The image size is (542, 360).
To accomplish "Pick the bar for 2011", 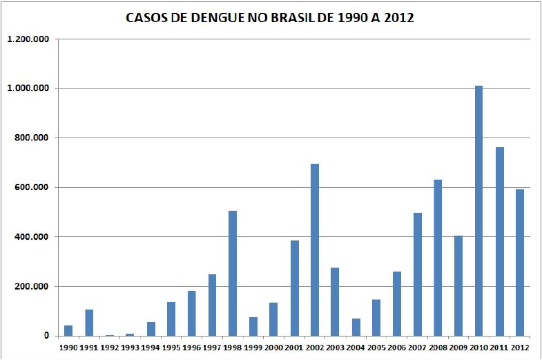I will pyautogui.click(x=499, y=241).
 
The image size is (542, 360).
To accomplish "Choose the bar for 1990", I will pyautogui.click(x=68, y=330).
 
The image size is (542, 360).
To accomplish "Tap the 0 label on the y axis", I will pyautogui.click(x=46, y=336).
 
